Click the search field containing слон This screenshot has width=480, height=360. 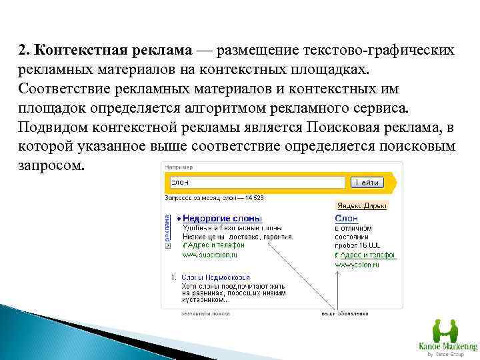tap(257, 182)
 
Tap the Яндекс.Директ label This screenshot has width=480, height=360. tap(361, 206)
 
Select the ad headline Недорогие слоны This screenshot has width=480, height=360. tap(223, 219)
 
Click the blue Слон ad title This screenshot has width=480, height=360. tap(346, 219)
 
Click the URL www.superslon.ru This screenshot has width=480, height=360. tap(209, 255)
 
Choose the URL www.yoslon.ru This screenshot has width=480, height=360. tap(357, 264)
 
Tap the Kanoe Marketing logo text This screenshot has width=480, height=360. tap(447, 347)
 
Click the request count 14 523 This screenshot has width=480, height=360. tap(254, 197)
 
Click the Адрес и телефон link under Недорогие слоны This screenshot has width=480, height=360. tap(212, 245)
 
